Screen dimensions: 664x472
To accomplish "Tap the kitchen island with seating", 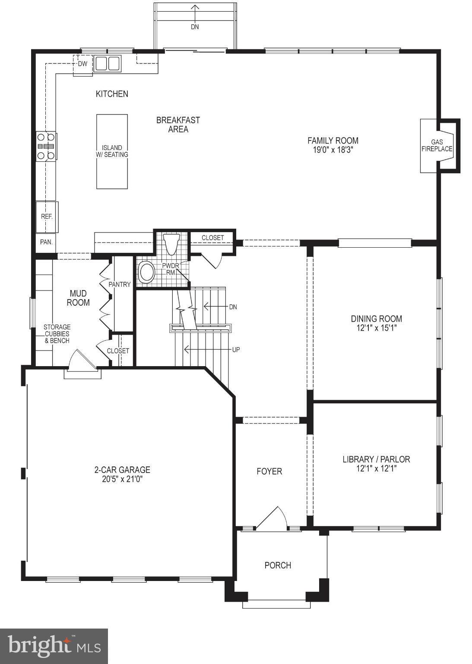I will point(112,151).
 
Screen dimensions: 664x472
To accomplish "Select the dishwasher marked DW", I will point(82,64).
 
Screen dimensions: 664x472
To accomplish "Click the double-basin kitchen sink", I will point(108,64).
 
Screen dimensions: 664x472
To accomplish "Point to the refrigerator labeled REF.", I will point(47,217).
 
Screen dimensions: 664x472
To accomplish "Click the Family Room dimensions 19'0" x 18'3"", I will point(333,150).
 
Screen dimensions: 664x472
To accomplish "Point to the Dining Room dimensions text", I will point(377,328).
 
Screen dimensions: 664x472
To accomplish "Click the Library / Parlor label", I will point(376,459).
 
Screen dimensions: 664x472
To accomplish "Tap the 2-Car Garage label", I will point(122,470).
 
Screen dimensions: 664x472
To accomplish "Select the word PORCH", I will point(278,565).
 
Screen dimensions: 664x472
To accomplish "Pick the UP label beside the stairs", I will point(236,349).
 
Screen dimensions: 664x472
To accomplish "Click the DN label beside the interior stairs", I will point(233,307).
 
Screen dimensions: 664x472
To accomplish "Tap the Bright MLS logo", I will point(54,646).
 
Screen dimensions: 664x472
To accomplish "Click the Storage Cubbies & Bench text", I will point(57,334).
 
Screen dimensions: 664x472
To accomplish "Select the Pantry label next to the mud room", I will point(120,284).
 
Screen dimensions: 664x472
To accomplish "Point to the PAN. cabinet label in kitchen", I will point(46,242).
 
